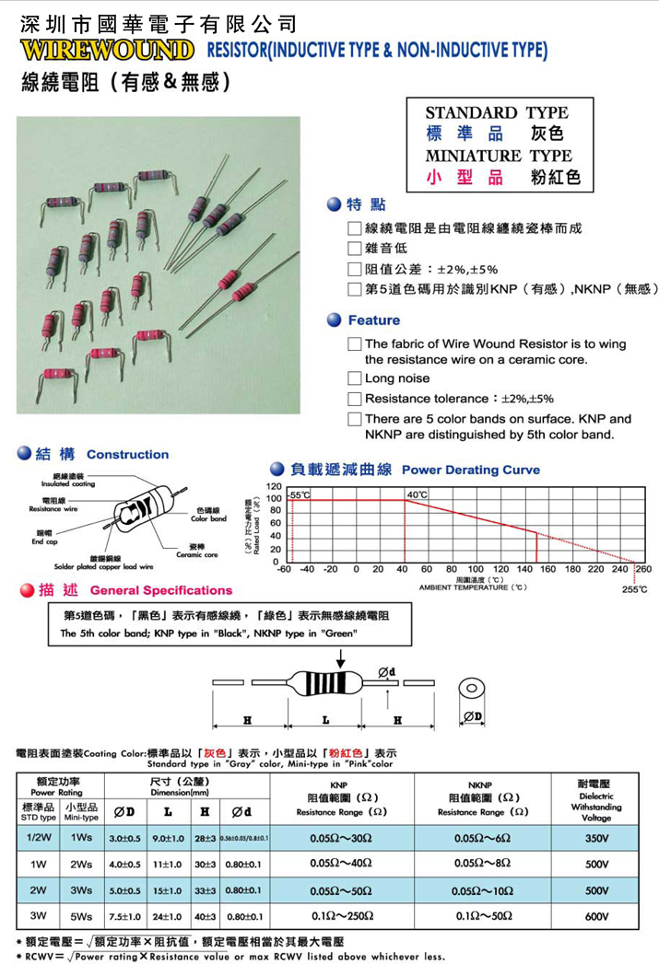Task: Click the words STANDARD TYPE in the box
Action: pos(497,112)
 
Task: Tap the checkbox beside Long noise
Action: pos(354,378)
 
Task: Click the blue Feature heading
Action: pos(373,320)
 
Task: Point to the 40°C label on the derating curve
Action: pos(417,495)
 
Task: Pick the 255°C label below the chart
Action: pos(634,589)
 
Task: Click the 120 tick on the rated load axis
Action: pos(273,486)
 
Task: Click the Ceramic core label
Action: pos(197,554)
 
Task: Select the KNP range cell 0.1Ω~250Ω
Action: pos(338,917)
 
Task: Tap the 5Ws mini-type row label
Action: pos(81,917)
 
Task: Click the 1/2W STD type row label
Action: pos(39,838)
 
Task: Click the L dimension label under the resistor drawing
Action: pos(324,718)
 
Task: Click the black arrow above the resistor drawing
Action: pos(342,657)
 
